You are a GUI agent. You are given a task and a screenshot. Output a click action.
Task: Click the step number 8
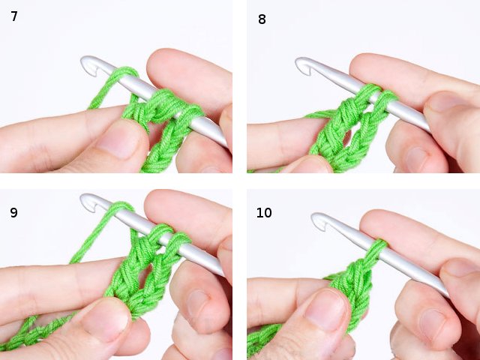262,19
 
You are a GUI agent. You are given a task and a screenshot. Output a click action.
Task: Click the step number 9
14,212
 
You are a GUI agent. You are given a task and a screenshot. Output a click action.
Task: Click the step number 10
264,213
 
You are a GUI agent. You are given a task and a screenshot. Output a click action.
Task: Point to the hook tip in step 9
89,202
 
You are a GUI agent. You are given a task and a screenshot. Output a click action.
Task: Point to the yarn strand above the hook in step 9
112,218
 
